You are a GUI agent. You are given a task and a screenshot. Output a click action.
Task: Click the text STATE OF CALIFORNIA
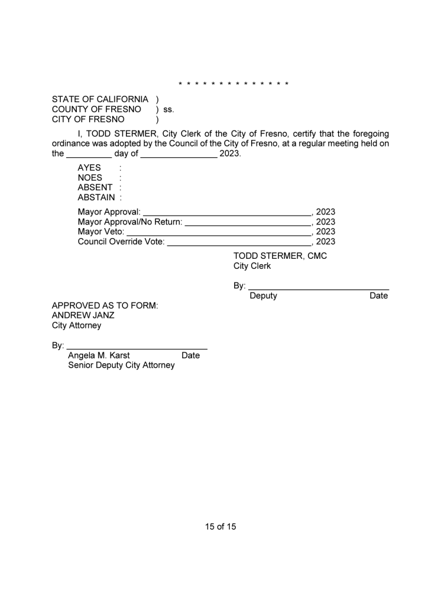click(x=100, y=99)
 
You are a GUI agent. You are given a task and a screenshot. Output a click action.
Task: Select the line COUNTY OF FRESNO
click(x=96, y=109)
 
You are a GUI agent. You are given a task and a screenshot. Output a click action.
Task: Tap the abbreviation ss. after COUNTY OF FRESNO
click(x=168, y=109)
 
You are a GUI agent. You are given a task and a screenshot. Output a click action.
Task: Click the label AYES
click(x=89, y=168)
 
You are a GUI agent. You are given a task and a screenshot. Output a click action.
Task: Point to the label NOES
click(x=90, y=178)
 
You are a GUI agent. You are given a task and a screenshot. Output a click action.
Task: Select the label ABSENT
click(x=95, y=188)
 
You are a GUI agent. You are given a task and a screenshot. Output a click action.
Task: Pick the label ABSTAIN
click(x=96, y=198)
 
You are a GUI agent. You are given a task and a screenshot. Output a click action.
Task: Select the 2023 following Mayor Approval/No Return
click(x=326, y=222)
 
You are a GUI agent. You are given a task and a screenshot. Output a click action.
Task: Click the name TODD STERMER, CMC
click(x=280, y=256)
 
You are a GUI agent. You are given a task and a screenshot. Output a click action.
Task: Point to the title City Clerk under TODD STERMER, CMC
click(x=252, y=266)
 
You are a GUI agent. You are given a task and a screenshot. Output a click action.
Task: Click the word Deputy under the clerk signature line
click(x=263, y=296)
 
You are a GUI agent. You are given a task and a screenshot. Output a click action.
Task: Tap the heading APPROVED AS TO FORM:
click(x=105, y=305)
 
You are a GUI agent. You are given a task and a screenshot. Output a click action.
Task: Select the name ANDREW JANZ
click(x=83, y=315)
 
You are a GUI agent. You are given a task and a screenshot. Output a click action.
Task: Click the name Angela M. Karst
click(x=99, y=356)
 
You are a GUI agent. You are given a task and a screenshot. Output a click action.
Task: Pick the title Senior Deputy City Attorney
click(x=121, y=366)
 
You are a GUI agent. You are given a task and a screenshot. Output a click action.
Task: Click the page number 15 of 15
click(x=220, y=526)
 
